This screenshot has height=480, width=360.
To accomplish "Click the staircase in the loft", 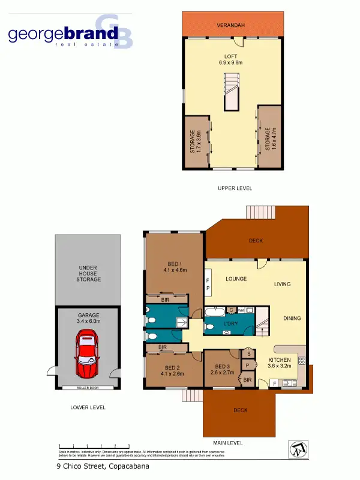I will tap(232, 91).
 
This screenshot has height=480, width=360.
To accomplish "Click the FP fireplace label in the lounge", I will tap(209, 283).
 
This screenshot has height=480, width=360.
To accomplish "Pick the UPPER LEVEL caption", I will tap(235, 188).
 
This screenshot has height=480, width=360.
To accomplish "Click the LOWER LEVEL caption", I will tap(88, 407).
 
